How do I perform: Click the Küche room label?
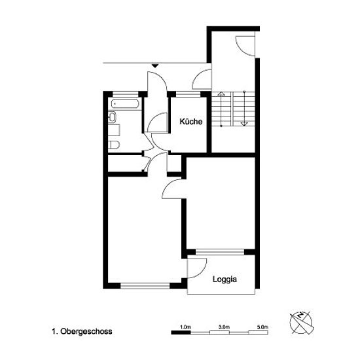pyautogui.click(x=190, y=121)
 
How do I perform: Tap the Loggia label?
pyautogui.click(x=225, y=279)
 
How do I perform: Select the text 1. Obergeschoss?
pyautogui.click(x=82, y=331)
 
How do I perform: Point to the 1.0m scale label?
pyautogui.click(x=185, y=327)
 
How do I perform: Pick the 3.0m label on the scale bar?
pyautogui.click(x=225, y=327)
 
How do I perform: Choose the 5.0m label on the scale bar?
pyautogui.click(x=263, y=327)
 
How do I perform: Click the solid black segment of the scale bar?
pyautogui.click(x=181, y=333)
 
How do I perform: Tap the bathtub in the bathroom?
pyautogui.click(x=125, y=104)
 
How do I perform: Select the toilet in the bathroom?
pyautogui.click(x=114, y=145)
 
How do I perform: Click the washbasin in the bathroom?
pyautogui.click(x=113, y=117)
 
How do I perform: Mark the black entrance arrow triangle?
pyautogui.click(x=155, y=66)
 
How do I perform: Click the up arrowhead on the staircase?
pyautogui.click(x=221, y=94)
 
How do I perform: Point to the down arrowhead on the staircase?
pyautogui.click(x=244, y=124)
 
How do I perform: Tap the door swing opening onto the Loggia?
pyautogui.click(x=197, y=268)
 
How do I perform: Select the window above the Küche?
pyautogui.click(x=189, y=94)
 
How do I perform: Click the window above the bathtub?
pyautogui.click(x=126, y=94)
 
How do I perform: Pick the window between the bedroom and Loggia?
pyautogui.click(x=220, y=252)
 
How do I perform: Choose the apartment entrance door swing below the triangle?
pyautogui.click(x=157, y=82)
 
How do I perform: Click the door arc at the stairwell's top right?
pyautogui.click(x=245, y=46)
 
